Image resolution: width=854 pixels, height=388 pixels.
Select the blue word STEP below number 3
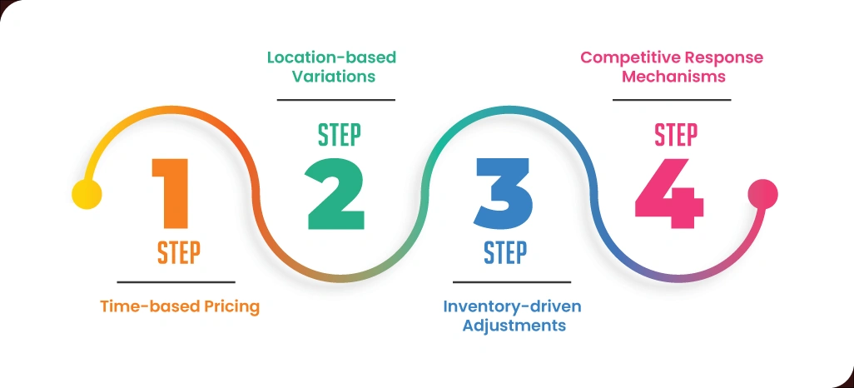coord(505,252)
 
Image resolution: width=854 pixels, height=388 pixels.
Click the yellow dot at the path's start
coord(87,194)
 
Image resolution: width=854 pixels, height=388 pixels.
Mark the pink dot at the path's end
coord(762,194)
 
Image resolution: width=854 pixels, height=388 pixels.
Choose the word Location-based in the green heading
coord(331,57)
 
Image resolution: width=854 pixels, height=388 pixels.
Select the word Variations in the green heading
coord(331,77)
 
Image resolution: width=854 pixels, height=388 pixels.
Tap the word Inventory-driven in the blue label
coord(512,306)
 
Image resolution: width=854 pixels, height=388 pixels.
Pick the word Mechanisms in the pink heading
coord(672,77)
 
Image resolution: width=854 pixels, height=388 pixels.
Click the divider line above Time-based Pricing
coord(176,282)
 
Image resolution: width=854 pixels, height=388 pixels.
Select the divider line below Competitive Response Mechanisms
coord(672,100)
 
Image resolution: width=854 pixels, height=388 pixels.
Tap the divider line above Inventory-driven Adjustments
coord(512,282)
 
